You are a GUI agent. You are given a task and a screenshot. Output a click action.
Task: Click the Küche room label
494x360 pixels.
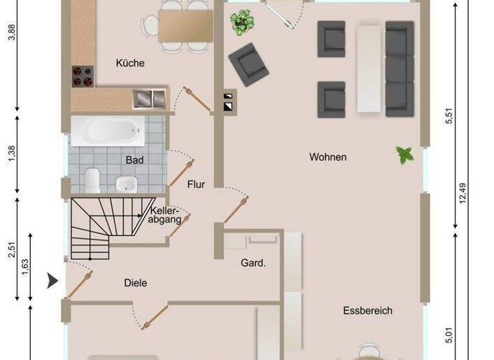tap(130, 63)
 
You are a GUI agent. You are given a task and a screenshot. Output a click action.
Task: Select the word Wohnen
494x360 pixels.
tap(327, 157)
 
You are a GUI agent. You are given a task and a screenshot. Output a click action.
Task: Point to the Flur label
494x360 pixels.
tap(196, 184)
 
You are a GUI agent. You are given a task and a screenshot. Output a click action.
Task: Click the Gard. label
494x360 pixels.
tap(253, 262)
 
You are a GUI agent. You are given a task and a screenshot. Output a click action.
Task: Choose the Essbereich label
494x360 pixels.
tap(367, 310)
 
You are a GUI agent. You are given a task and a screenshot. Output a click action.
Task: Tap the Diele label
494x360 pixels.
tap(135, 283)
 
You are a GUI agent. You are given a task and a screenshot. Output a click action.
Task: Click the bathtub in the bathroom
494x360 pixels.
tap(107, 131)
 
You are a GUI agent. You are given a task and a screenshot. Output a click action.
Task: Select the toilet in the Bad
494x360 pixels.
tap(93, 179)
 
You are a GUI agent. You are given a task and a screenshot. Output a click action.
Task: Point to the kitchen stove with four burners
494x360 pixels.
tap(82, 76)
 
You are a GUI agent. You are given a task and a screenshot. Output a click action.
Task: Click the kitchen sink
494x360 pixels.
tap(149, 99)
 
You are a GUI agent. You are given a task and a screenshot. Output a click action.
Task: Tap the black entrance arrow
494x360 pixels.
tap(53, 280)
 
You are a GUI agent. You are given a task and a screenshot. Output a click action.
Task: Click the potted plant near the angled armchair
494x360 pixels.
tap(241, 22)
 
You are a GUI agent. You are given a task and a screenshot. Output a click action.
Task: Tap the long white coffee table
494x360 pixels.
tap(368, 67)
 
